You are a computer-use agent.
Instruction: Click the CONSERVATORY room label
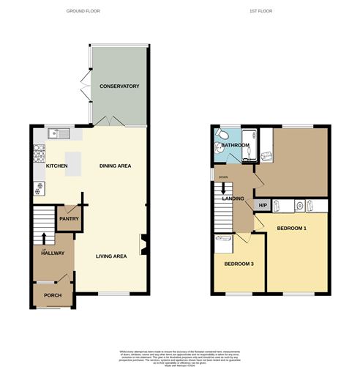pyautogui.click(x=119, y=86)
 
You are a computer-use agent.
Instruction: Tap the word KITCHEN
pyautogui.click(x=56, y=166)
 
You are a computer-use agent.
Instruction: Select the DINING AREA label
pyautogui.click(x=115, y=166)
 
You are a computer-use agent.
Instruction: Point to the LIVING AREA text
pyautogui.click(x=110, y=256)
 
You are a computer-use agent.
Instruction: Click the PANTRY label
pyautogui.click(x=70, y=218)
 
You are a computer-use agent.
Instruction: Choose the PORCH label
pyautogui.click(x=53, y=295)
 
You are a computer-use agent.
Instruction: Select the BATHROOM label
pyautogui.click(x=236, y=146)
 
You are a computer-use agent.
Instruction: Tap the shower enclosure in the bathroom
pyautogui.click(x=250, y=136)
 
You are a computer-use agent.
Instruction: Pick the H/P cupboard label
pyautogui.click(x=262, y=205)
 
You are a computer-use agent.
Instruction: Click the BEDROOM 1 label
pyautogui.click(x=291, y=229)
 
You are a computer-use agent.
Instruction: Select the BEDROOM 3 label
pyautogui.click(x=239, y=264)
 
